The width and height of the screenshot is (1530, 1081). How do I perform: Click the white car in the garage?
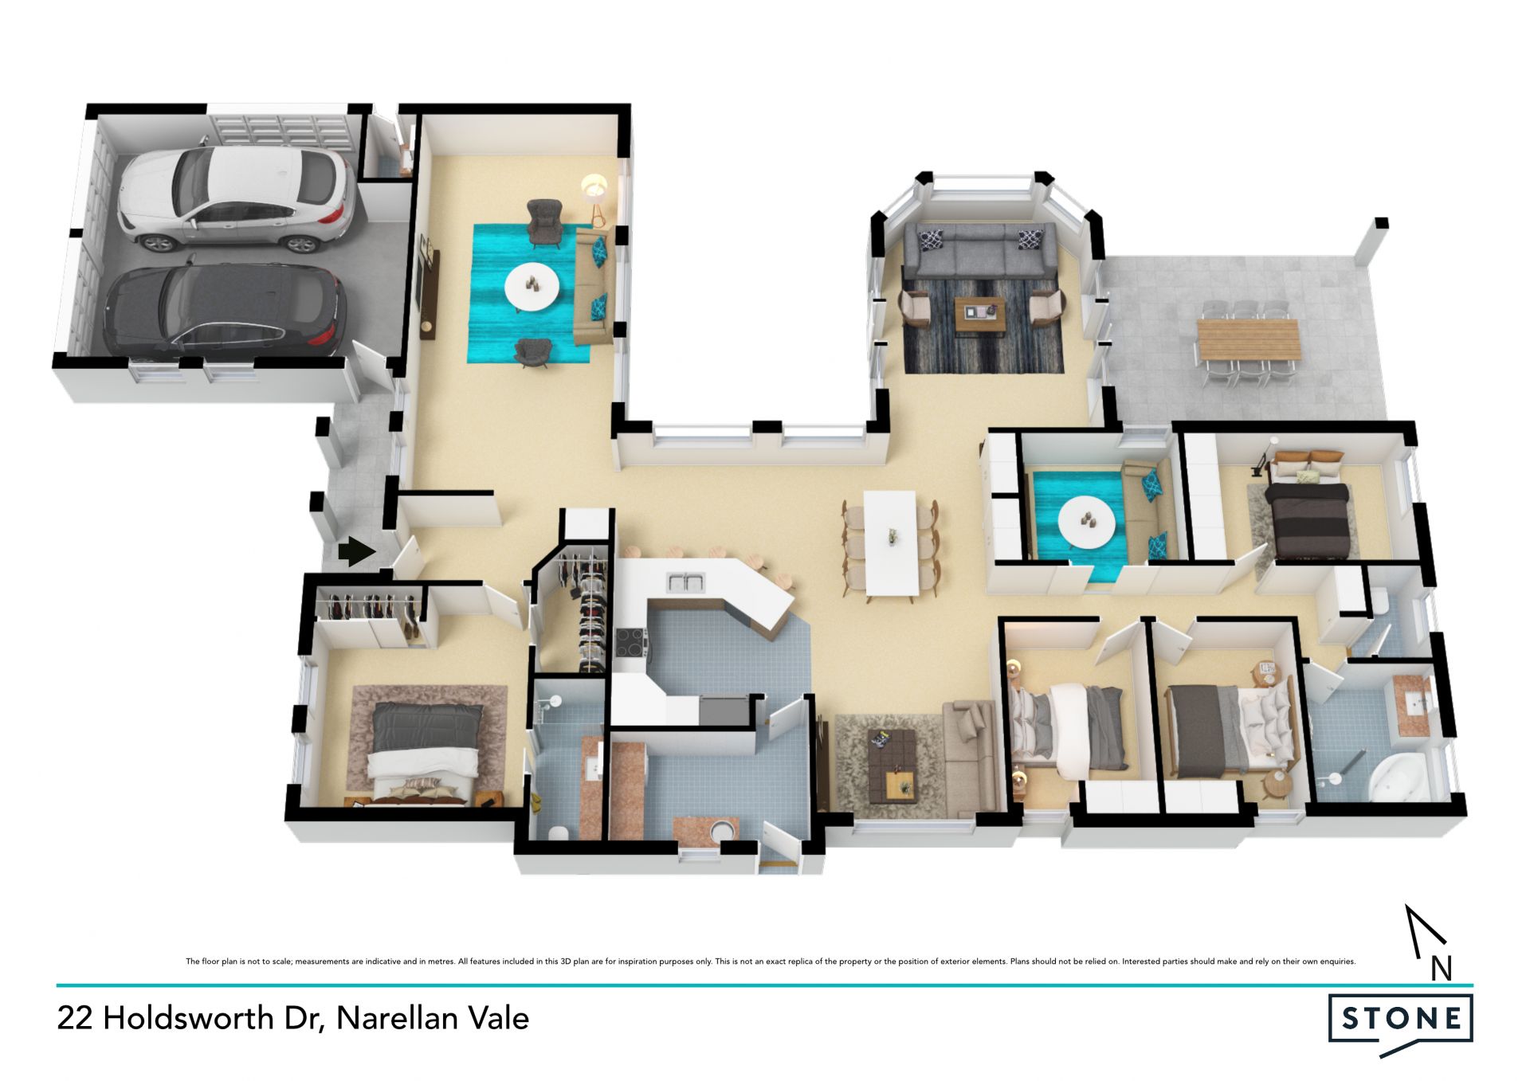point(235,198)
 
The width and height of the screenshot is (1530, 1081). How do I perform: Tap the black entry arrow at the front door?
point(356,551)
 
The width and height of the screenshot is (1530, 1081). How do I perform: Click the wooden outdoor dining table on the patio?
point(1248,339)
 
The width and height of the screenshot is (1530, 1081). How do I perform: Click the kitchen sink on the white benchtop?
point(685,582)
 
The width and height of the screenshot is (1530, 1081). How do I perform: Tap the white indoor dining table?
point(891,542)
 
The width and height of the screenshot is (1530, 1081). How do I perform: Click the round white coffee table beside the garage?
point(532,286)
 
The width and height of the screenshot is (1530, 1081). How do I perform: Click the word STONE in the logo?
point(1402,1018)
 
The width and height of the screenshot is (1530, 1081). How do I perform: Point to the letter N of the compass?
point(1441,968)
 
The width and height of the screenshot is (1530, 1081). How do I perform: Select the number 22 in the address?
point(75,1018)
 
